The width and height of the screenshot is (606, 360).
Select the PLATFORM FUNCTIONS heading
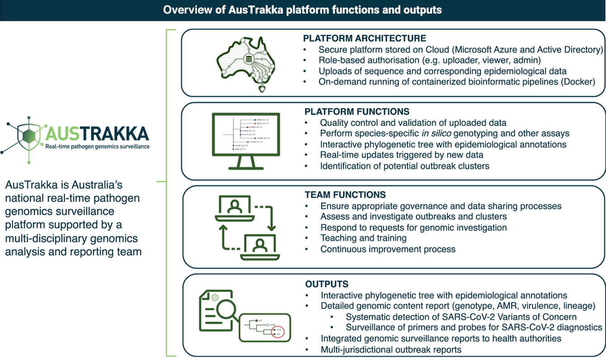point(357,111)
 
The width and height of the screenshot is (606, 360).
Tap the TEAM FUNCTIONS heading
point(346,195)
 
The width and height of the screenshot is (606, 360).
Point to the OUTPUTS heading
point(327,284)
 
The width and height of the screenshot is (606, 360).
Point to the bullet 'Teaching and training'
point(363,238)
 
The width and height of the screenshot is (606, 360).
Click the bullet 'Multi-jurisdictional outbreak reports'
point(391,349)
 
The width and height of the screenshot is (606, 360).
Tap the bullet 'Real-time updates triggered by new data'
point(402,155)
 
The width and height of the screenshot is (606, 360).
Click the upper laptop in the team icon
point(234,209)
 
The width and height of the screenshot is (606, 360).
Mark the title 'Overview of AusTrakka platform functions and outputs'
point(303,9)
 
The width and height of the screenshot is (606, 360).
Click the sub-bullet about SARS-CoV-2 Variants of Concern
point(461,316)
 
